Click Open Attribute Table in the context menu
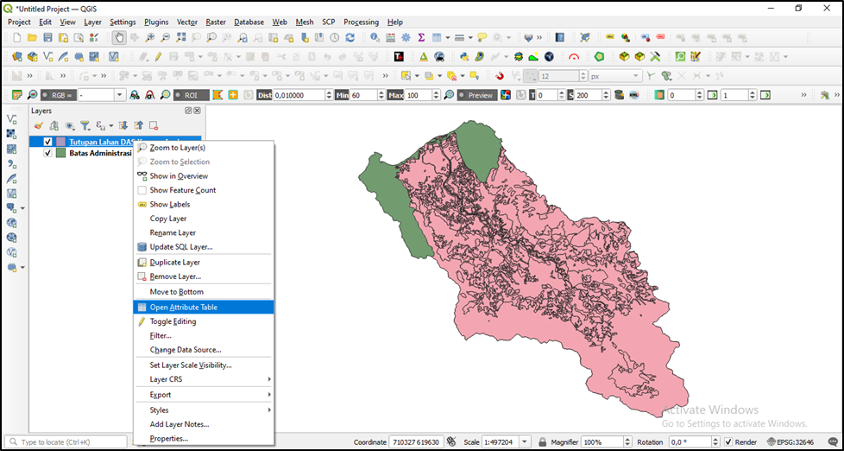tap(183, 307)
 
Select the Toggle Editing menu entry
tap(173, 321)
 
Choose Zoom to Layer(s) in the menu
tap(177, 148)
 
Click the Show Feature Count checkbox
tap(142, 190)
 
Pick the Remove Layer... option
tap(175, 276)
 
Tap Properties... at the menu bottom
tap(168, 438)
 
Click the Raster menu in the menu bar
tap(216, 22)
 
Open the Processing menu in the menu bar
tap(361, 22)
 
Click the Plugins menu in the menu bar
tap(156, 22)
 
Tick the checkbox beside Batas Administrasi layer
tap(48, 153)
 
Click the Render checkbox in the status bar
tap(728, 442)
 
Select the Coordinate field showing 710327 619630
tap(417, 442)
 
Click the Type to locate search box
tap(60, 442)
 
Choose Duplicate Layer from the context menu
tap(174, 262)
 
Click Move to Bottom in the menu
tap(176, 292)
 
